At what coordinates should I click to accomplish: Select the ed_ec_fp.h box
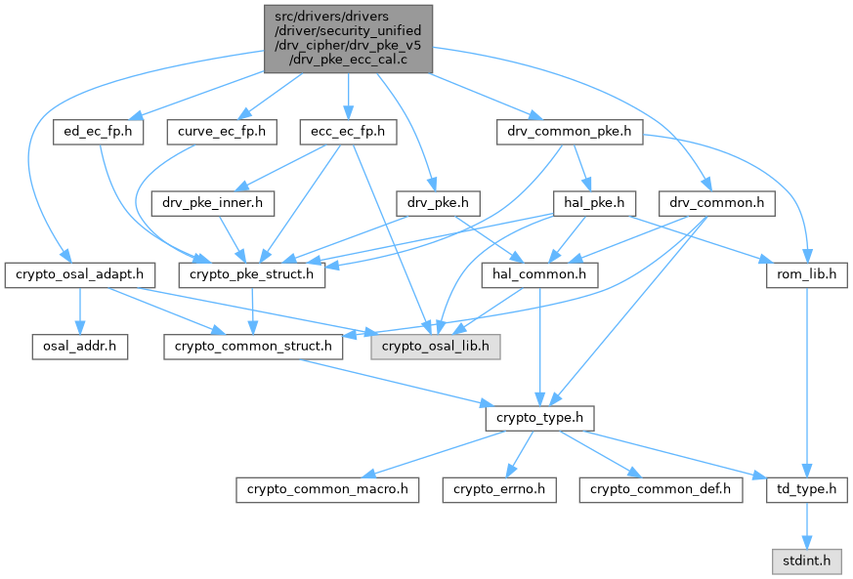pos(99,131)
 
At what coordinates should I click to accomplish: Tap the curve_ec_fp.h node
pos(222,131)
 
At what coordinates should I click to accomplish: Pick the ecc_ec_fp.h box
pos(347,131)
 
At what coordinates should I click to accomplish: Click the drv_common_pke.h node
pos(571,131)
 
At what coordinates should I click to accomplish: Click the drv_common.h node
pos(718,203)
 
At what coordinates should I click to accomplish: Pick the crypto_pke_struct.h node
pos(252,274)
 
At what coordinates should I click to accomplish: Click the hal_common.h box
pos(539,274)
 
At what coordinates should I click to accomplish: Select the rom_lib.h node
pos(805,274)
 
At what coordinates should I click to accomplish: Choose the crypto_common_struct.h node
pos(253,346)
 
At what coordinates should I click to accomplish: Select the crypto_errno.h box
pos(499,488)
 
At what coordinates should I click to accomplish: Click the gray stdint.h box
pos(806,559)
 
